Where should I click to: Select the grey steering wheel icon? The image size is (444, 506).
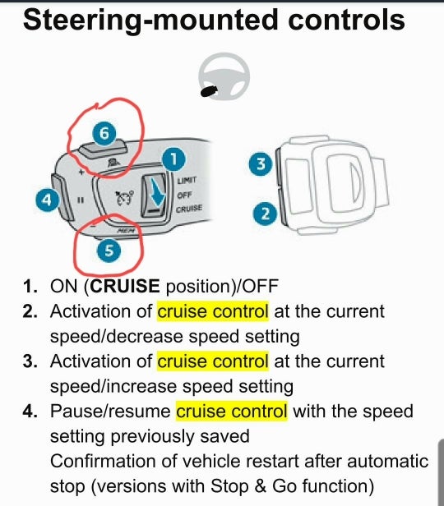click(x=222, y=75)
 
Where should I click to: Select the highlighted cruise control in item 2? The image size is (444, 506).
click(x=212, y=312)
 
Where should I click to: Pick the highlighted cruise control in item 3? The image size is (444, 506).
click(x=212, y=361)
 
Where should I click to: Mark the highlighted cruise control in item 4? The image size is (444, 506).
click(x=232, y=411)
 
